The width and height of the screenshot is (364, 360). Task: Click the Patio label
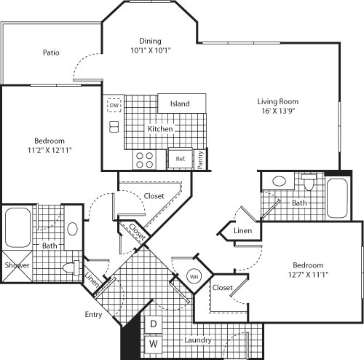point(50,52)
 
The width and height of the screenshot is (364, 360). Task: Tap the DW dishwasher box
point(114,106)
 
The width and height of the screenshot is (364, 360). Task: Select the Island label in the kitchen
point(180,103)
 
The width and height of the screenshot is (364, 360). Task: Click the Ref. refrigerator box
point(180,157)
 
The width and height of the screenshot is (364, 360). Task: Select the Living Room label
point(280,101)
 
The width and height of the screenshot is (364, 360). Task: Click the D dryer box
point(154,324)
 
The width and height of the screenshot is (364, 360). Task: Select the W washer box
point(154,343)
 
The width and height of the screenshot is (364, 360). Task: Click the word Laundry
point(197,340)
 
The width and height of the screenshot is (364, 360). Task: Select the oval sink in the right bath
point(278,181)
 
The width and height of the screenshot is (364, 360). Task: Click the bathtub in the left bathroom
point(17,228)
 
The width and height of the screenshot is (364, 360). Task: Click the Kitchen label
point(160,129)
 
